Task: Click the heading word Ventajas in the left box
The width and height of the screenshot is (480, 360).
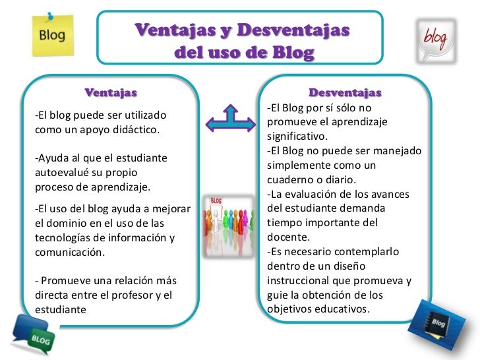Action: coord(111,92)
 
